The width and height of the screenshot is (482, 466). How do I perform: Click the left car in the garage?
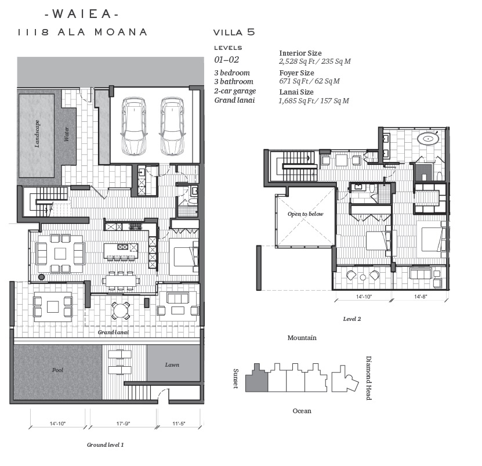[x=133, y=126]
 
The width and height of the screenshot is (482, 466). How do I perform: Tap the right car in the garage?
[x=172, y=126]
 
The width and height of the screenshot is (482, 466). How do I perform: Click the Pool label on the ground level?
[x=57, y=370]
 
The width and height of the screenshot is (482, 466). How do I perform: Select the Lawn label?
[x=172, y=365]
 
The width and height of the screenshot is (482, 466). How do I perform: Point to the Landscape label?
[x=37, y=134]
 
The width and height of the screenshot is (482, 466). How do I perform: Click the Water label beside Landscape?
[x=66, y=134]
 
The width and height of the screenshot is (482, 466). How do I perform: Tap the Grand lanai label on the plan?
[x=113, y=332]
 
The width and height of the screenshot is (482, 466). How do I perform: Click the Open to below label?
[x=305, y=214]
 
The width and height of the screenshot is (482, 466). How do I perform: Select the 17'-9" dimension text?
[x=123, y=424]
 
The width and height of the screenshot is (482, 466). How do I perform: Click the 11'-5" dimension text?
[x=179, y=424]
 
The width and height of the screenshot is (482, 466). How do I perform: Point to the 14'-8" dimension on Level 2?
[x=421, y=297]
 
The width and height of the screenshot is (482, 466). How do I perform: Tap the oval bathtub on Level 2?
[x=427, y=139]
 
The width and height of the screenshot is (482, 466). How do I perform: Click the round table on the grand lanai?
[x=121, y=310]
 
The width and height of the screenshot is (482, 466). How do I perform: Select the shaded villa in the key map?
[x=257, y=378]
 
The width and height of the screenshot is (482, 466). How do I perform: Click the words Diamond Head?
[x=368, y=378]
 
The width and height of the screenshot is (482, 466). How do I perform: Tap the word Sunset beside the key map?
[x=235, y=378]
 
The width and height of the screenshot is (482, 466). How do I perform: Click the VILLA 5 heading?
[x=234, y=32]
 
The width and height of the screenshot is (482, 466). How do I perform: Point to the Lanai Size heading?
[x=296, y=92]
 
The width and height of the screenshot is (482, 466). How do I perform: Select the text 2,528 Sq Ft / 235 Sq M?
[x=315, y=61]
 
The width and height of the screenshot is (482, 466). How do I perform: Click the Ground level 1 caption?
[x=105, y=445]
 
